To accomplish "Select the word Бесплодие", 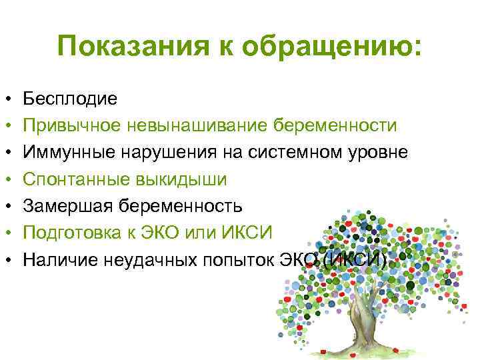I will [70, 99].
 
